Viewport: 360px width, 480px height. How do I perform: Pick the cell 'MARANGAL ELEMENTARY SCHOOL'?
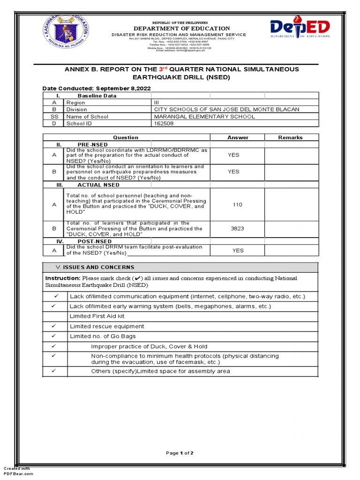pos(205,116)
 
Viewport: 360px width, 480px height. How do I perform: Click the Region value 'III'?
pos(157,102)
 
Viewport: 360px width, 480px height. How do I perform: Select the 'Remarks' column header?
pos(291,137)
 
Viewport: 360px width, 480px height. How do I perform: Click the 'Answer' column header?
pos(238,137)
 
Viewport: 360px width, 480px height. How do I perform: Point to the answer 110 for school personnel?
pos(238,204)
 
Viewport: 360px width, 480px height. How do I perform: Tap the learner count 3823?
pos(238,228)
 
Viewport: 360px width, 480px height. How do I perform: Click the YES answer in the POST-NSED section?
pos(238,250)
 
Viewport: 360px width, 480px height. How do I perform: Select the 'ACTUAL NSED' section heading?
pos(98,185)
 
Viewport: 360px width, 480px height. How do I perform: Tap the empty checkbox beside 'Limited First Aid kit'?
pos(55,316)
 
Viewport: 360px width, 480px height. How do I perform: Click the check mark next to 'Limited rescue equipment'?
pos(55,326)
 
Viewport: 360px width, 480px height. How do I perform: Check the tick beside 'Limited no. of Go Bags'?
pos(55,336)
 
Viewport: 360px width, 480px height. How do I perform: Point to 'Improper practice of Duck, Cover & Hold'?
pos(149,346)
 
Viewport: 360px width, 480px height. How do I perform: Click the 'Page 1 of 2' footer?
pos(180,453)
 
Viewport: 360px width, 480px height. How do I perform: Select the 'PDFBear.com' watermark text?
pos(19,474)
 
